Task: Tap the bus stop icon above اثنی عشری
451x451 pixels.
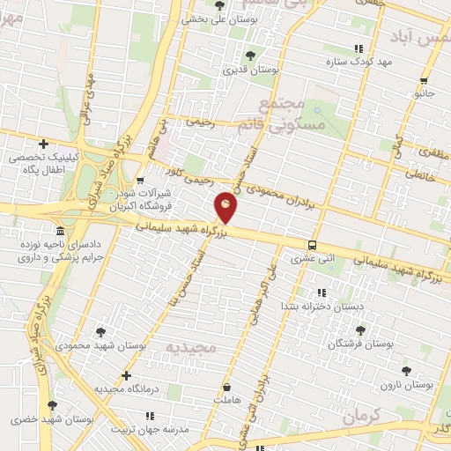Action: coord(313,245)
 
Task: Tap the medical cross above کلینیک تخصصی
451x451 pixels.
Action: coord(43,144)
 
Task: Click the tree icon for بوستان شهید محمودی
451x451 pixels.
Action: coord(100,332)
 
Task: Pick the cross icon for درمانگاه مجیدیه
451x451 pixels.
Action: coord(127,375)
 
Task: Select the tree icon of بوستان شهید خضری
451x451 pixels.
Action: coord(52,405)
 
